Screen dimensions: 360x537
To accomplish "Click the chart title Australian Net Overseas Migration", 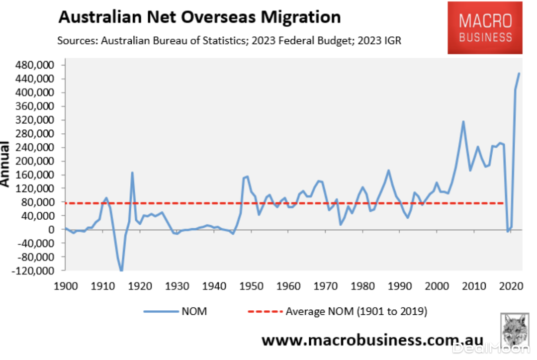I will (199, 17).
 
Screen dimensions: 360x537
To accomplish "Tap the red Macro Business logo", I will (485, 28).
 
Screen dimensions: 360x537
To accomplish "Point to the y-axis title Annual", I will (5, 164).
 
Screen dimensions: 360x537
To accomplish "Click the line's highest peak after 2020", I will (519, 74).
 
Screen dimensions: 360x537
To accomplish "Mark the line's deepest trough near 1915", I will (121, 270).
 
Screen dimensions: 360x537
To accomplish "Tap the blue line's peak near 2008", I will (463, 121).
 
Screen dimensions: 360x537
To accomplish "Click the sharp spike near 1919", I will (132, 173).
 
